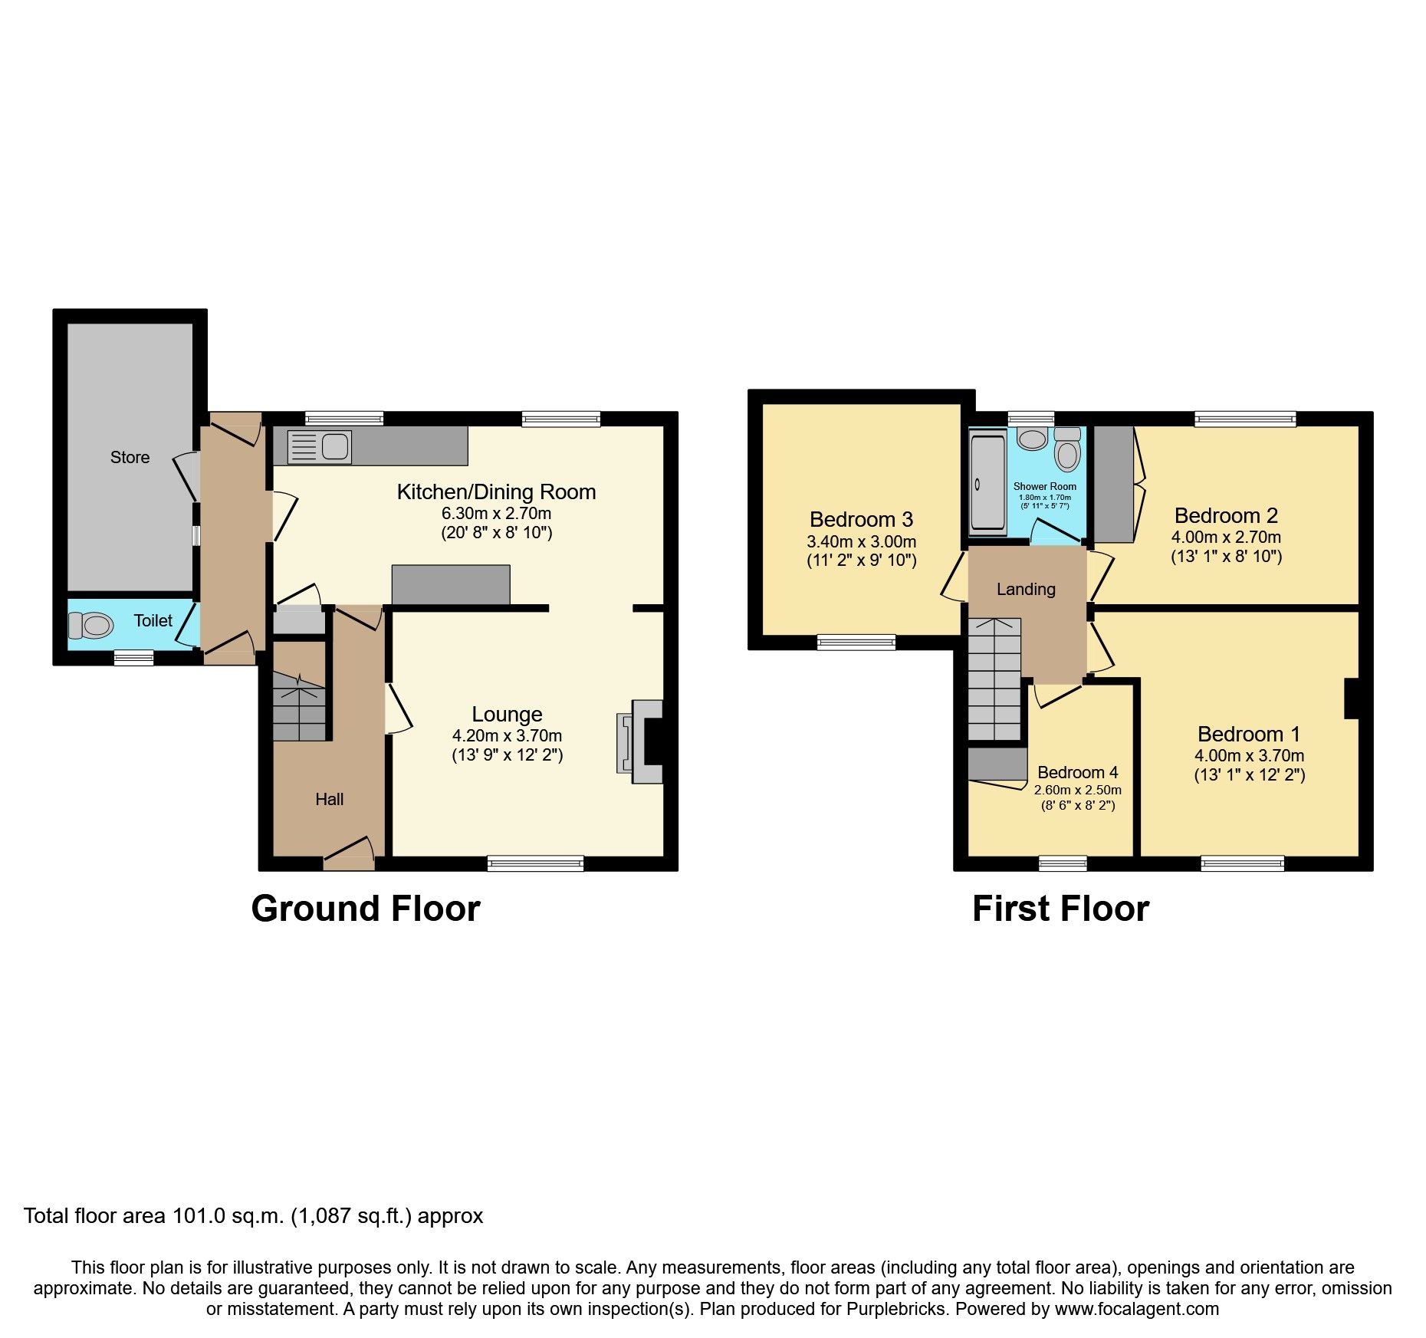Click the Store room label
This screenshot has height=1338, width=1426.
click(x=130, y=458)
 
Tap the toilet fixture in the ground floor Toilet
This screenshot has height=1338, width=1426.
click(x=90, y=625)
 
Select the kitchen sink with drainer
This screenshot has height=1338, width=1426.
click(x=319, y=447)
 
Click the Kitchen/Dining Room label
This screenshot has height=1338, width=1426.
click(x=496, y=492)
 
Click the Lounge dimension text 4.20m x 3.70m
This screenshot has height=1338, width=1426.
click(x=507, y=735)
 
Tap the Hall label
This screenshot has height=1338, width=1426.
click(x=329, y=799)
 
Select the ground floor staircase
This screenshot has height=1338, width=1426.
click(x=299, y=705)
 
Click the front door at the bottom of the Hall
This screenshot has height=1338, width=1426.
click(x=349, y=859)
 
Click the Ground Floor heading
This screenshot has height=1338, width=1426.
click(x=365, y=909)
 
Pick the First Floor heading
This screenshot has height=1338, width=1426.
click(x=1060, y=909)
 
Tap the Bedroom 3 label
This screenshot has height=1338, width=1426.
click(x=861, y=520)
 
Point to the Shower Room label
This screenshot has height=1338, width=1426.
click(x=1044, y=486)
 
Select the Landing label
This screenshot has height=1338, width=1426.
click(x=1026, y=589)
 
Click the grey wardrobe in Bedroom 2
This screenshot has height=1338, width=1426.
click(x=1113, y=485)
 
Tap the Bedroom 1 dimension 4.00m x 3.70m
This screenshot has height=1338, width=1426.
click(x=1249, y=755)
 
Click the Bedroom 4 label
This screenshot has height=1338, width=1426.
click(x=1077, y=772)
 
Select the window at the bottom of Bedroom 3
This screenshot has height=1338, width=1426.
click(x=856, y=643)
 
